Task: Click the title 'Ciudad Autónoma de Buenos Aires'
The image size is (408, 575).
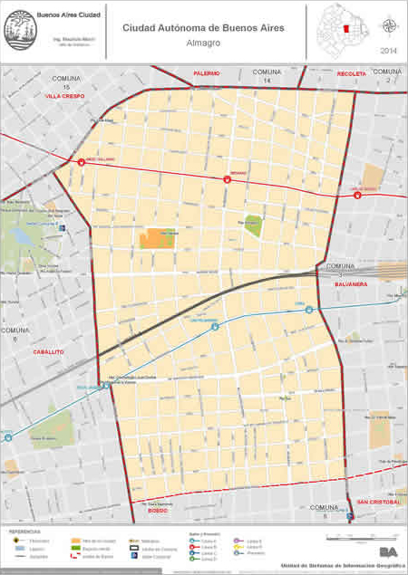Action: [x=203, y=28]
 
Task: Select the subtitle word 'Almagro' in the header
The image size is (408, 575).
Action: [x=203, y=42]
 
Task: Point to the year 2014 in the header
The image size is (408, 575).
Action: [x=388, y=50]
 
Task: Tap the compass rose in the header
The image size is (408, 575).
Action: [x=388, y=25]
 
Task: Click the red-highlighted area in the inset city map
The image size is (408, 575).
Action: [x=345, y=31]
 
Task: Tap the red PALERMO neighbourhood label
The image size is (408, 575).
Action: [x=207, y=72]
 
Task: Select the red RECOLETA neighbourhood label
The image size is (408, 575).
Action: [x=351, y=73]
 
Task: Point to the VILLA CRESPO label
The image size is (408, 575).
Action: [x=64, y=94]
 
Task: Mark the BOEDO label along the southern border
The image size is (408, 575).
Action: [x=156, y=512]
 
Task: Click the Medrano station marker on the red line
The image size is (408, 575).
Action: [x=228, y=178]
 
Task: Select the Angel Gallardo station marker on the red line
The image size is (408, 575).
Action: [x=82, y=163]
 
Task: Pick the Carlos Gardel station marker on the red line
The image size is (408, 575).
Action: [x=357, y=195]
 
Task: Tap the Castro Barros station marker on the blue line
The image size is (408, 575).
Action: [x=215, y=326]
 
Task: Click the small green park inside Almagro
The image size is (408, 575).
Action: [x=253, y=225]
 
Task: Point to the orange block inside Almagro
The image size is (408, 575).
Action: [x=157, y=238]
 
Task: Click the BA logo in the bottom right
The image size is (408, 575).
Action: [x=388, y=551]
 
